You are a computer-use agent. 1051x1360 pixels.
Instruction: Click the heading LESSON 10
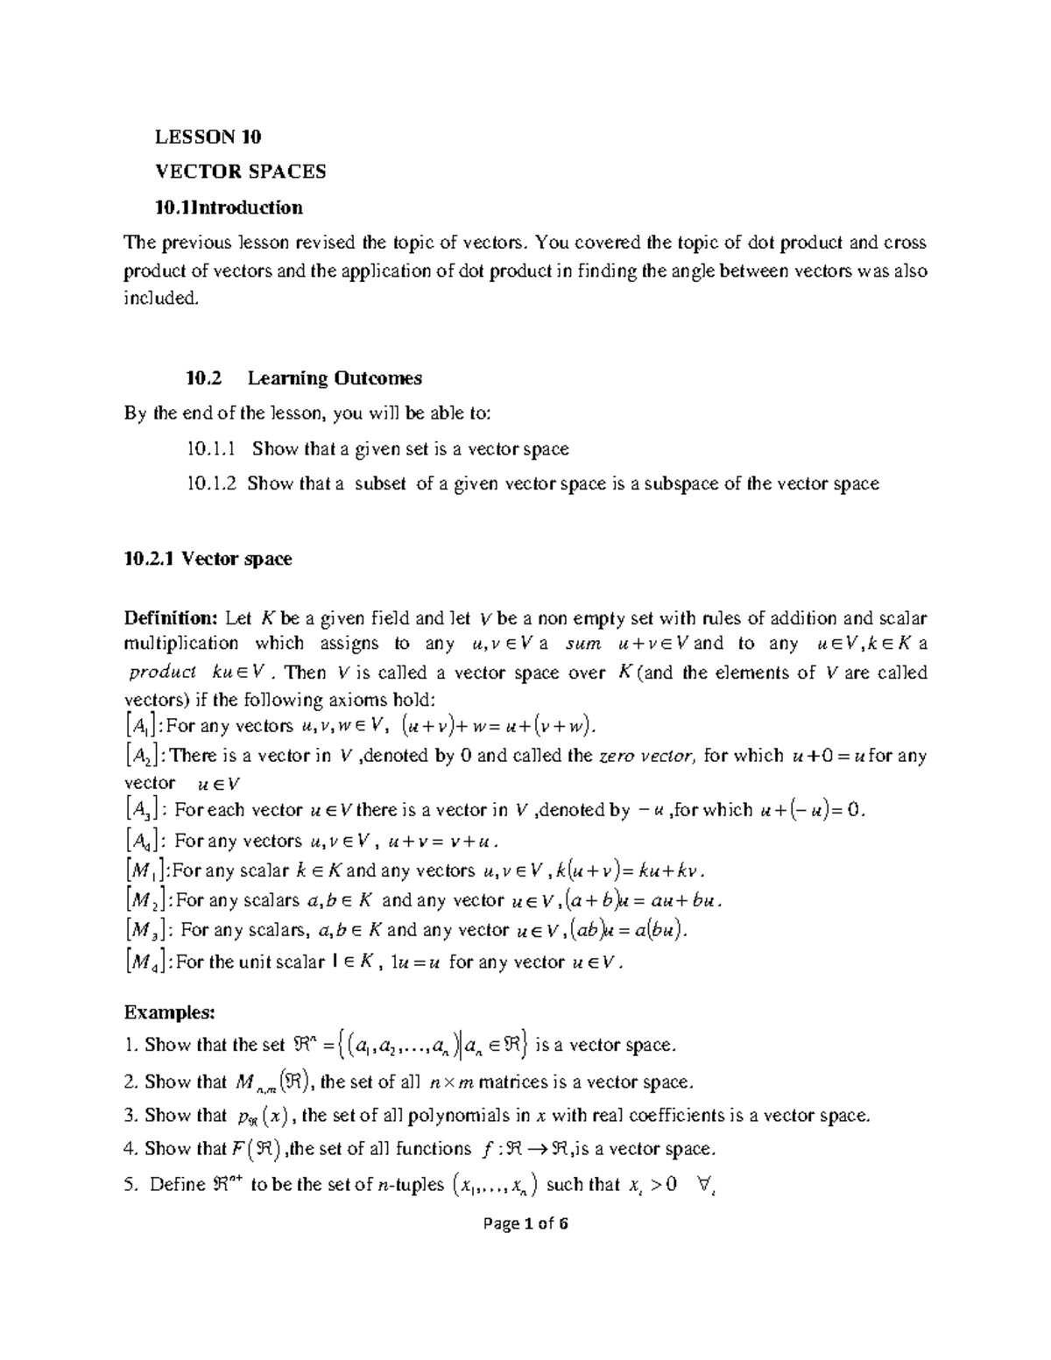click(x=208, y=137)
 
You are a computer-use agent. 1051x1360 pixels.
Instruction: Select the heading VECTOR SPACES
click(x=240, y=172)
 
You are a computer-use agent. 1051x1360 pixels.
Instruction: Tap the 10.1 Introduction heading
click(x=229, y=208)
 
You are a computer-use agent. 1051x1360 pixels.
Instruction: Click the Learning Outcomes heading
click(x=335, y=378)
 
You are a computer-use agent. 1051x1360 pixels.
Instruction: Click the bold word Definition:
click(x=171, y=618)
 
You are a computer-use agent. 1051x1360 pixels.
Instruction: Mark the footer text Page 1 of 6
click(x=525, y=1223)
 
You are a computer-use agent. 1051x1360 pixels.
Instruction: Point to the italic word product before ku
click(x=162, y=673)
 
